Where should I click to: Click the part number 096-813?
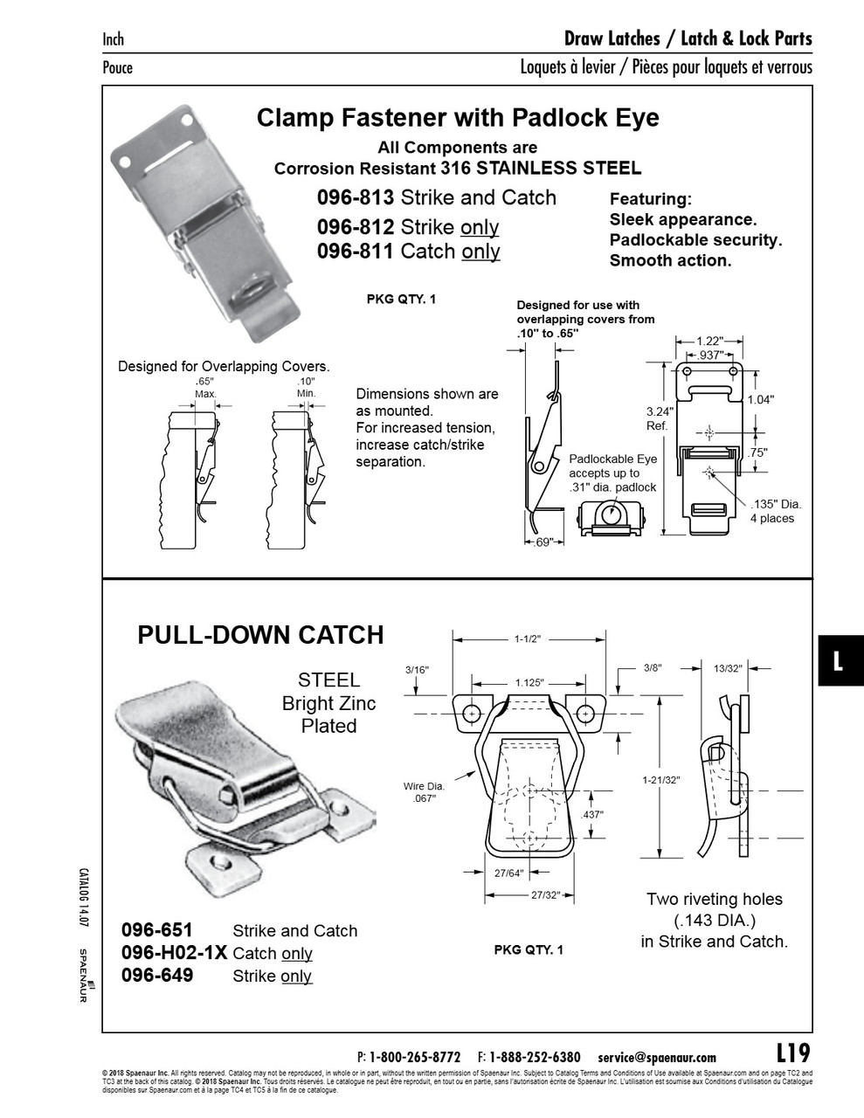(x=356, y=198)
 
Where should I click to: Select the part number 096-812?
(x=356, y=227)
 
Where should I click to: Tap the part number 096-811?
(x=356, y=252)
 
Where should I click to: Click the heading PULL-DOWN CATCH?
(x=260, y=635)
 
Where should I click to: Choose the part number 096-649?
(x=157, y=976)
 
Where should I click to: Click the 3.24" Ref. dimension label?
(x=657, y=418)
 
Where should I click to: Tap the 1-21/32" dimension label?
(x=660, y=780)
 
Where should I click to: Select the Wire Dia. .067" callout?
(x=424, y=792)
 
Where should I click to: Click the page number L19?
(x=792, y=1051)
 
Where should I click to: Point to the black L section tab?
(x=839, y=660)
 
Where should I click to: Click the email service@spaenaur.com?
(x=657, y=1057)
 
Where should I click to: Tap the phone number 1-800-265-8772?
(x=415, y=1057)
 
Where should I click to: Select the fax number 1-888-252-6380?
(x=535, y=1057)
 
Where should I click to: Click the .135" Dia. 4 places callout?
(x=775, y=511)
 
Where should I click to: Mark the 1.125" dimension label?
(x=529, y=683)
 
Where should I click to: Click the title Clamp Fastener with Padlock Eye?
(x=458, y=118)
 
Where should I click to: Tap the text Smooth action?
(x=670, y=260)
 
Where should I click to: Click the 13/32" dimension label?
(x=727, y=668)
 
